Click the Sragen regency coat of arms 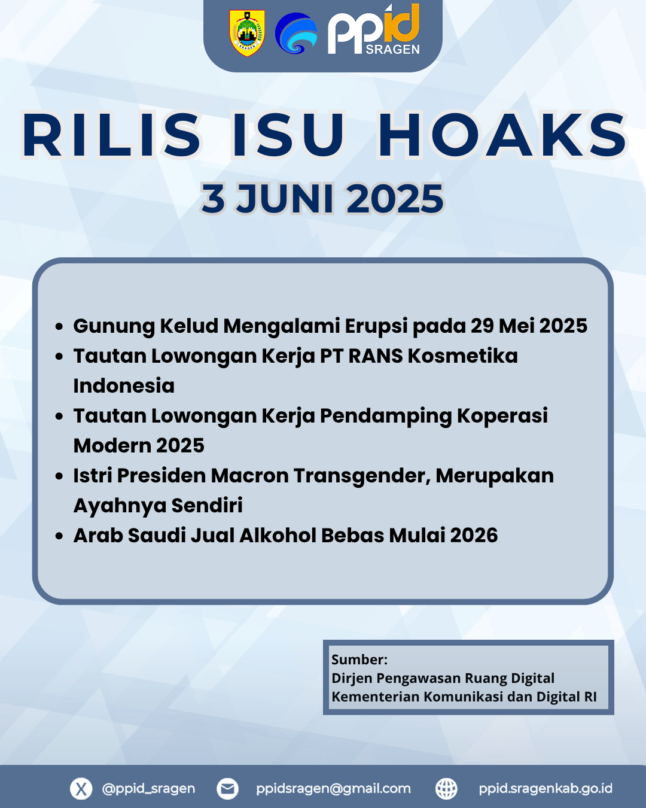(247, 34)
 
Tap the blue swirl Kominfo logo (296, 33)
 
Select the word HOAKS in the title (502, 135)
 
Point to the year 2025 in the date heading (395, 199)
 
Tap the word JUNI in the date (285, 199)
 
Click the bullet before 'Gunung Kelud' (59, 326)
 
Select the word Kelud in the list (189, 326)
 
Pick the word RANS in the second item (376, 356)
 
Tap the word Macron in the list (249, 476)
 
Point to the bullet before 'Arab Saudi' (59, 536)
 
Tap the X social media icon (81, 789)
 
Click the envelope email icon (227, 789)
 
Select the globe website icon (446, 789)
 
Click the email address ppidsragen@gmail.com (333, 789)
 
